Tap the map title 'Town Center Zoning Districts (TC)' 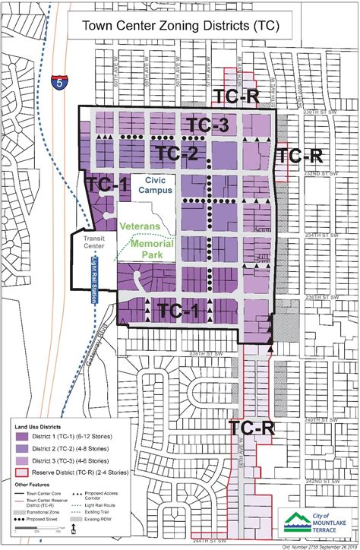point(180,25)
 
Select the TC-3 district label point(207,126)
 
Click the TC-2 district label point(178,153)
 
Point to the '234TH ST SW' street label point(321,235)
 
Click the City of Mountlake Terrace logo point(311,522)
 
